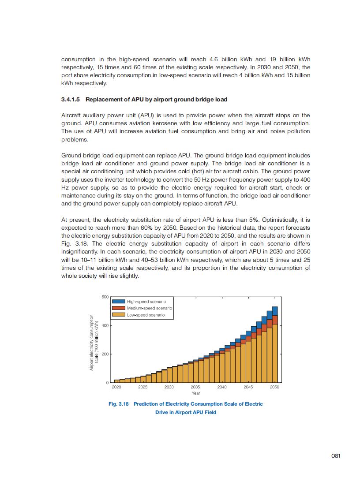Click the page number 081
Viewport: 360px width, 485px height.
pos(335,456)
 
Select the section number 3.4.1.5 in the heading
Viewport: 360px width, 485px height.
pos(71,99)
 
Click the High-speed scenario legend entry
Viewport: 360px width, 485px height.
pos(146,302)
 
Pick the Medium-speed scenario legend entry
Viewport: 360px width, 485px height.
pos(149,308)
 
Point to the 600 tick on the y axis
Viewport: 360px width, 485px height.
pos(105,297)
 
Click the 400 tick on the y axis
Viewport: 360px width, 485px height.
pos(105,325)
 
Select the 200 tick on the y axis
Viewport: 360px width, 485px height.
pos(105,354)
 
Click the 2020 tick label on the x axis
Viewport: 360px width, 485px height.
pos(116,387)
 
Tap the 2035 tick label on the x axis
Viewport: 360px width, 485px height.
pos(195,387)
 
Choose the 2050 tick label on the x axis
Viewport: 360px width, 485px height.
pos(274,387)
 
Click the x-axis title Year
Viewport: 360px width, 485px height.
pos(196,393)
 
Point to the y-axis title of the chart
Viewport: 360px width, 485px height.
pos(93,342)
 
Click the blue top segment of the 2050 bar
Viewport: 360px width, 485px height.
pos(275,311)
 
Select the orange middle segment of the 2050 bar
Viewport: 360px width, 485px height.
pos(275,320)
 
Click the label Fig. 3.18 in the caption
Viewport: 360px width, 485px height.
pos(119,404)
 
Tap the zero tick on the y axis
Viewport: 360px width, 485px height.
pos(107,382)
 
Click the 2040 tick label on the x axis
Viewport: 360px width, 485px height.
pos(222,387)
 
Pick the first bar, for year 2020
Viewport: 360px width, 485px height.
pos(116,381)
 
